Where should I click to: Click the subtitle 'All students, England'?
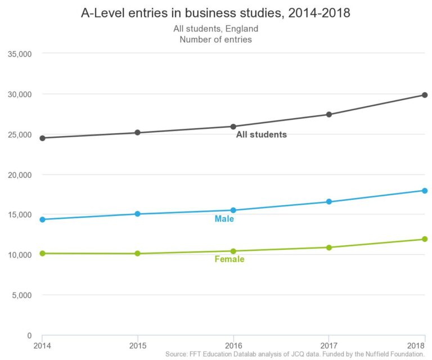coord(215,29)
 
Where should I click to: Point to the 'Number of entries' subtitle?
coord(215,39)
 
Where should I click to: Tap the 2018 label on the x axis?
coord(417,344)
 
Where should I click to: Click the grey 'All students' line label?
coord(261,135)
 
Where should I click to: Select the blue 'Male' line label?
coord(224,219)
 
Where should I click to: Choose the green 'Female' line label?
coord(229,259)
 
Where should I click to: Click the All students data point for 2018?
coord(425,95)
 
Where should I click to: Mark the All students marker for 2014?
coord(42,138)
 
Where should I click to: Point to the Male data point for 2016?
coord(233,210)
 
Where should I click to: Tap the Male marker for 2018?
coord(425,191)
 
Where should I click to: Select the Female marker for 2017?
coord(329,247)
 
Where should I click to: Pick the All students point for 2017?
coord(329,115)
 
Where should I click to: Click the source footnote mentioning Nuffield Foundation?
coord(295,354)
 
